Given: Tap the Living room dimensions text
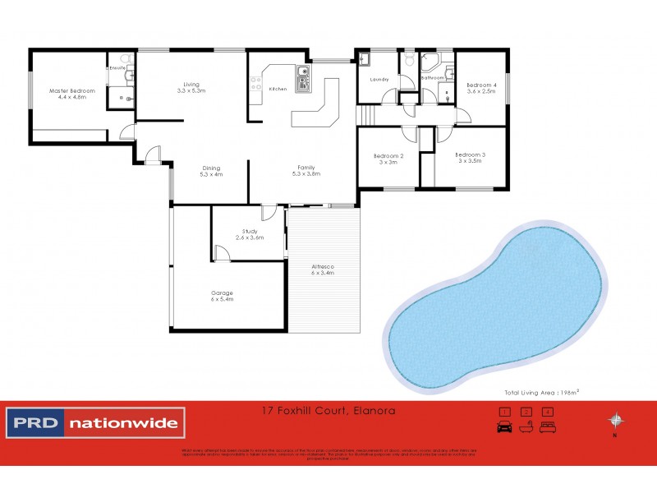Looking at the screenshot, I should coord(191,91).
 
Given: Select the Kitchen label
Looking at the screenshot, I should coord(278,88).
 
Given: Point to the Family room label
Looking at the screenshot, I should coord(306,167).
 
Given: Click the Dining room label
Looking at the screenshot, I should coord(211,168).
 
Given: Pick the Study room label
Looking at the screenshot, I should coord(250,232).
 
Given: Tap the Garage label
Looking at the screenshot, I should coord(222,293).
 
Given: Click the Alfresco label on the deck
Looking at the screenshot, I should coord(323,267).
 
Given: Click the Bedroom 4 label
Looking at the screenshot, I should coord(482,85).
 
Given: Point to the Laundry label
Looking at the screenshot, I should coord(379,80).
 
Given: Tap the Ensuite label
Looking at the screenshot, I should coord(117,68).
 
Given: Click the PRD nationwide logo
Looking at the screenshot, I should coord(97,424).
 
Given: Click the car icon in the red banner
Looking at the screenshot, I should coord(504,426).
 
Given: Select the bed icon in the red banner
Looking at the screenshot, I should coord(549,426).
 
